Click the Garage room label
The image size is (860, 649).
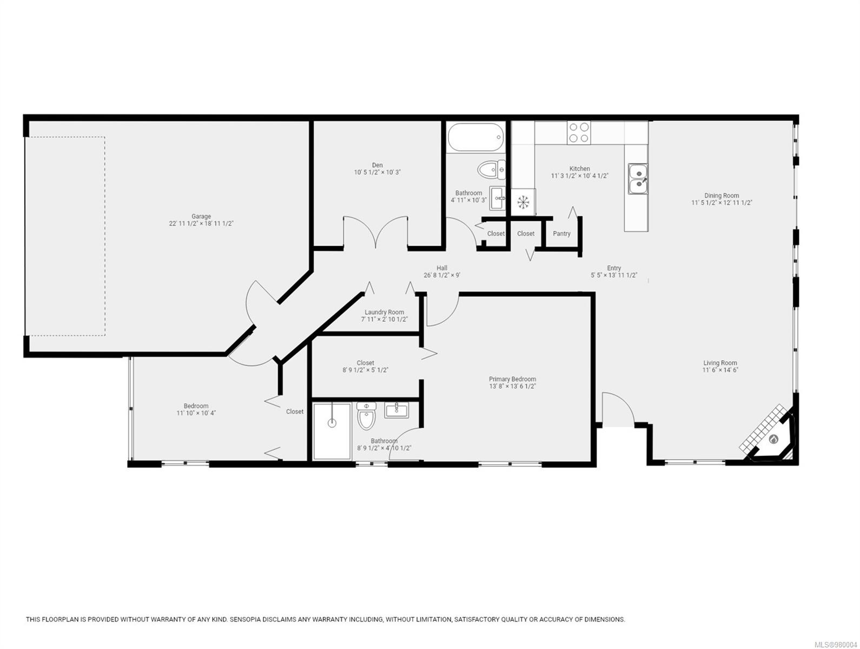click(201, 216)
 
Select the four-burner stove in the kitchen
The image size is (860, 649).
click(579, 133)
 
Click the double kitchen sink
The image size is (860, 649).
click(638, 179)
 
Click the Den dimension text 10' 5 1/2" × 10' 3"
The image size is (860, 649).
click(377, 173)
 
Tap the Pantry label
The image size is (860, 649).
click(561, 234)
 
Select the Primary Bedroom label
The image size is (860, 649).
click(512, 379)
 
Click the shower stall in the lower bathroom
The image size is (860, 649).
click(332, 431)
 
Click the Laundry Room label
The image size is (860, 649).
click(384, 312)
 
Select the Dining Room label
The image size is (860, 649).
click(722, 196)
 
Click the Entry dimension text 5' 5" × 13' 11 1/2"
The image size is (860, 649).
click(614, 275)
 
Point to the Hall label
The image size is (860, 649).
click(442, 268)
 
